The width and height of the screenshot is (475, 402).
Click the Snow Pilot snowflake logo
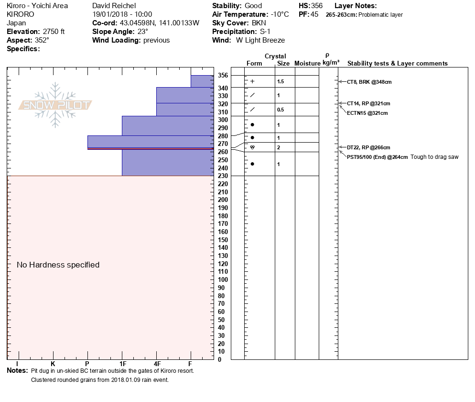coord(55,105)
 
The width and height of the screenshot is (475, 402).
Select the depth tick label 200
coord(223,200)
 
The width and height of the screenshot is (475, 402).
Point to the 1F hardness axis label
coord(123,364)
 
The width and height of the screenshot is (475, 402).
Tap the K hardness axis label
coord(53,364)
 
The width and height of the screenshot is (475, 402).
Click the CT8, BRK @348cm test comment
coord(369,82)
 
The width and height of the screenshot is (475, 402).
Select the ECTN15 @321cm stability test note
coord(367,113)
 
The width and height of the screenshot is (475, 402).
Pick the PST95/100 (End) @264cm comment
coord(377,157)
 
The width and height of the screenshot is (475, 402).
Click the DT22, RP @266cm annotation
coord(368,147)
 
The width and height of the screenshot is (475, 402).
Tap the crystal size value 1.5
coord(281,81)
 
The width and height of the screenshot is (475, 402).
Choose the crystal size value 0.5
coord(281,110)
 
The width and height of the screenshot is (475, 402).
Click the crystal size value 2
coord(279,147)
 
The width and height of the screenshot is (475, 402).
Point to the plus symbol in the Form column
coord(252,81)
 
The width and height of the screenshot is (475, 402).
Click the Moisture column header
coord(307,63)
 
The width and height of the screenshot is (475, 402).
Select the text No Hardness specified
coord(58,265)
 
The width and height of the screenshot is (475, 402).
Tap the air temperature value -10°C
coord(280,14)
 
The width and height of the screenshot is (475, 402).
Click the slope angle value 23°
coord(143,32)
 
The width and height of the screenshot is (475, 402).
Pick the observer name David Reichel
coord(114,6)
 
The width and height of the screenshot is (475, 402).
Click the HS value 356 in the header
coord(316,6)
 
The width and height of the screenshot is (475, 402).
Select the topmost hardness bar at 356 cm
coord(202,81)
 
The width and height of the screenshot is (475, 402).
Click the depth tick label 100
coord(223,280)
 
